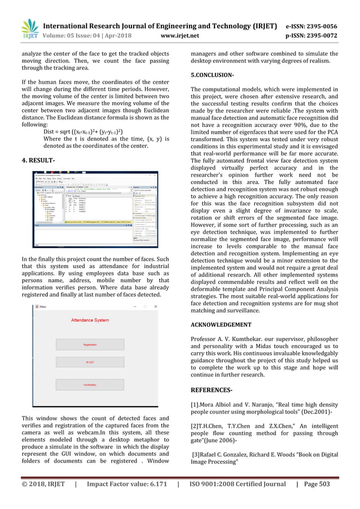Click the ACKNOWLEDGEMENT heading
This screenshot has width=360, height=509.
221,325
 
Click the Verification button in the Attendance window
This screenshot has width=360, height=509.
90,384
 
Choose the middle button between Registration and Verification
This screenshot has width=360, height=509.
90,362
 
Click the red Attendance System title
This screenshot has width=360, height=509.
90,320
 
